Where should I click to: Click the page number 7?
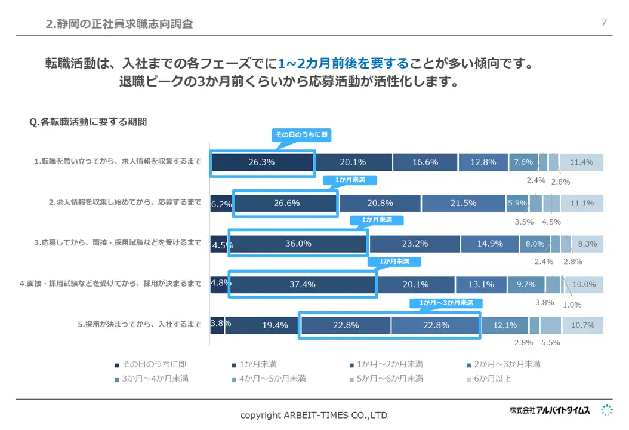[604, 22]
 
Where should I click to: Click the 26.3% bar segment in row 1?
[263, 162]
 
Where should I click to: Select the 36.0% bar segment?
[298, 244]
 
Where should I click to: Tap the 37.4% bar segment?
[302, 284]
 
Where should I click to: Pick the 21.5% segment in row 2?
[463, 203]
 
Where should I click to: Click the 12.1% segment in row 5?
[504, 325]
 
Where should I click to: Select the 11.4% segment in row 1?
[581, 162]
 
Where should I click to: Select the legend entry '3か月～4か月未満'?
[155, 379]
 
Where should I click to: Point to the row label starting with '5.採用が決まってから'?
[139, 325]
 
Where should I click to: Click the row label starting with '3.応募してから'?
[117, 243]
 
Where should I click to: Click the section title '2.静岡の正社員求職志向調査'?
[119, 24]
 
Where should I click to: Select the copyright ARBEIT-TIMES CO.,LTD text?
[314, 415]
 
